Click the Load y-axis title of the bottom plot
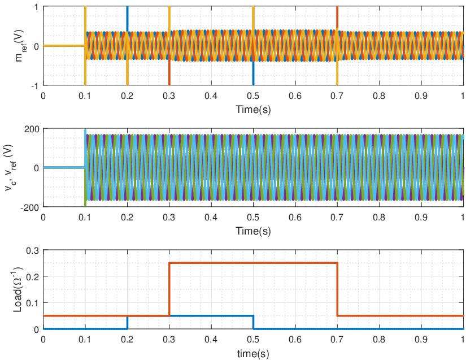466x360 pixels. [x=18, y=289]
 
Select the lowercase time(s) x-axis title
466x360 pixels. [x=253, y=354]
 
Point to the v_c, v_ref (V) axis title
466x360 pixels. [x=11, y=168]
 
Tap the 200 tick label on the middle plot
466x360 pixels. [x=31, y=129]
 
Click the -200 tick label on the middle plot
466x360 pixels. [x=29, y=208]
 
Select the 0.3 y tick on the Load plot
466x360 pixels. [x=33, y=250]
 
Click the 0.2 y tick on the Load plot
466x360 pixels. [x=33, y=277]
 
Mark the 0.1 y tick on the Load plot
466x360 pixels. [x=33, y=303]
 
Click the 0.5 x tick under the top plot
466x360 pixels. [x=253, y=96]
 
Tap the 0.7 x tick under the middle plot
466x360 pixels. [x=337, y=218]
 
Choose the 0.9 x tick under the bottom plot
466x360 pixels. [x=421, y=339]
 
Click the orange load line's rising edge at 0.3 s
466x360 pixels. [x=169, y=289]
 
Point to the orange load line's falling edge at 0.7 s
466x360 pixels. [x=337, y=289]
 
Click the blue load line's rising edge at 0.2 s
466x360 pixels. [x=128, y=322]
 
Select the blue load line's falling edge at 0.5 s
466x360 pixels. [x=253, y=322]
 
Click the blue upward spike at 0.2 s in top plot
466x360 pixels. [x=128, y=19]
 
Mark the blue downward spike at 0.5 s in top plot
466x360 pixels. [x=253, y=73]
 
